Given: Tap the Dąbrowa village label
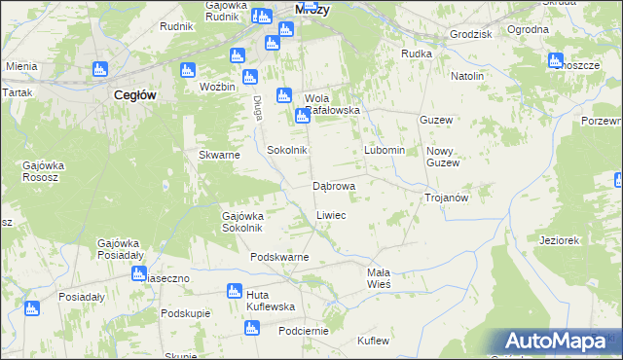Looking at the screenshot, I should pos(333,185).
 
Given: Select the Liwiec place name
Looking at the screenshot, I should pos(331,214).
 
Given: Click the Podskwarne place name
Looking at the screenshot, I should pos(279,257).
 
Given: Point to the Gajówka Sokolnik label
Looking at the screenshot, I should pos(242,222).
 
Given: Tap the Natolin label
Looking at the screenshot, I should pos(467,75).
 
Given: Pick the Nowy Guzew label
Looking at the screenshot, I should pos(442,157).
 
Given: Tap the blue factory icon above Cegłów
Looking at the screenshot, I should pos(98,69).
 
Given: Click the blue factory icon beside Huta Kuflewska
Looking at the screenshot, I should pos(234,290).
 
